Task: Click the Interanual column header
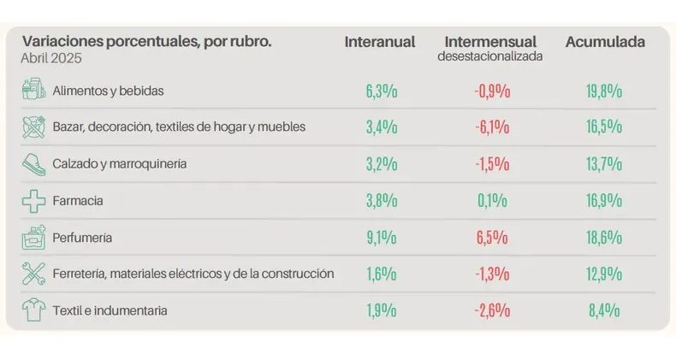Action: click(x=379, y=42)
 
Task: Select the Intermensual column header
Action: click(x=490, y=42)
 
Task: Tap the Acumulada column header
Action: click(x=605, y=42)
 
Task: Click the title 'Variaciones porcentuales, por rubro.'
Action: click(x=146, y=41)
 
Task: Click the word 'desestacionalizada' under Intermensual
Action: click(x=490, y=56)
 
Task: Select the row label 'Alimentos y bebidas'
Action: click(x=108, y=90)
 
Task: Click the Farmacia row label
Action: click(x=77, y=200)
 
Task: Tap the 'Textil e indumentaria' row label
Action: click(x=110, y=310)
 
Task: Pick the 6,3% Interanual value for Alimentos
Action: click(x=380, y=91)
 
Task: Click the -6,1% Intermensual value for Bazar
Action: click(x=491, y=127)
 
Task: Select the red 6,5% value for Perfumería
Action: click(x=491, y=238)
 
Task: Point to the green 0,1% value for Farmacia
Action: click(x=491, y=201)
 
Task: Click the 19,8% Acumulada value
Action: click(x=605, y=91)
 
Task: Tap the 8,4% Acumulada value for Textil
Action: click(x=605, y=310)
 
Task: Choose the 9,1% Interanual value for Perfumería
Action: click(x=380, y=238)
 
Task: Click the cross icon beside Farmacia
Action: click(x=33, y=201)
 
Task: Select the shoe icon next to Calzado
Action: click(x=33, y=163)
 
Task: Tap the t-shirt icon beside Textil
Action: click(x=33, y=310)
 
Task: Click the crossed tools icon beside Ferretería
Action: click(x=33, y=274)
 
